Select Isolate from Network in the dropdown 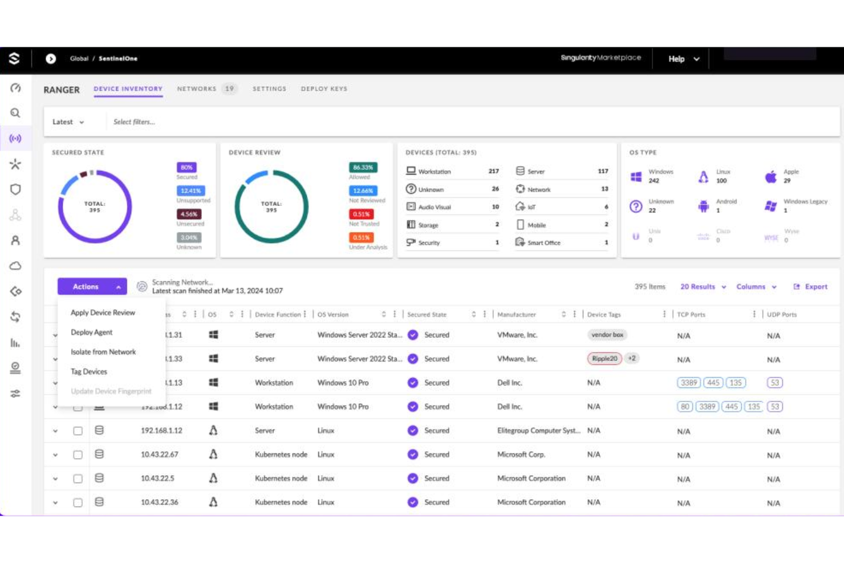[x=103, y=352]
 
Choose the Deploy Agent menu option [x=91, y=332]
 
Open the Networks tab [x=197, y=89]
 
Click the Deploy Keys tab [x=324, y=89]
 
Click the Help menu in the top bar [x=683, y=59]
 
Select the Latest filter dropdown [x=68, y=122]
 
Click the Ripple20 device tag [x=604, y=359]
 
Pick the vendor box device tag [x=607, y=335]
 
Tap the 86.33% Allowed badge [x=363, y=167]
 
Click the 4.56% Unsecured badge [x=189, y=214]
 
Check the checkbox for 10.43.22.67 [x=78, y=455]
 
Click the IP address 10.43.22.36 [x=160, y=503]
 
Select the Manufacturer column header [x=517, y=314]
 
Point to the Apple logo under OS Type [x=770, y=177]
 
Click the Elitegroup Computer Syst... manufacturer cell [x=538, y=431]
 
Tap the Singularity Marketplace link [x=600, y=58]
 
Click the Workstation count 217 [x=493, y=171]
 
